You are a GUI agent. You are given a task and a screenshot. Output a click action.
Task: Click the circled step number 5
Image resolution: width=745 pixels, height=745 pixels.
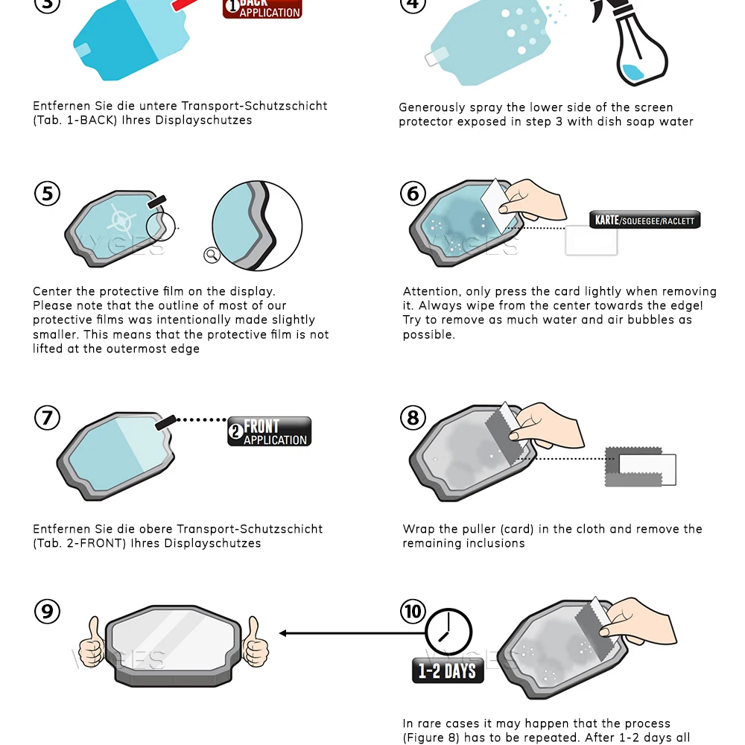coord(48,194)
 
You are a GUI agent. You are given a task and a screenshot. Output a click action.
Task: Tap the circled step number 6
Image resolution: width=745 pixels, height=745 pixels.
coord(413,194)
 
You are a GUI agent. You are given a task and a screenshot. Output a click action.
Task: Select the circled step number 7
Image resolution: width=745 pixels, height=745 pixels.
coord(48,418)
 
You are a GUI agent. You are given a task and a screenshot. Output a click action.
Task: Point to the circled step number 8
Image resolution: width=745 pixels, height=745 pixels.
coord(413,418)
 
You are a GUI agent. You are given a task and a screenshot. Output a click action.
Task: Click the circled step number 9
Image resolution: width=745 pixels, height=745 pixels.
coord(48,611)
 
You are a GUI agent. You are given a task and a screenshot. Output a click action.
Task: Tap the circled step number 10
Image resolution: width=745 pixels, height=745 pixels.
coord(413,611)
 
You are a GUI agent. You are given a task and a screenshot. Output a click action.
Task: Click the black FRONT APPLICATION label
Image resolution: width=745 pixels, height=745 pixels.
coord(270,431)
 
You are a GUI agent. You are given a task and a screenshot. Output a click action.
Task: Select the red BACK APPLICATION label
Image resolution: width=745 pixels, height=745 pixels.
coord(262,8)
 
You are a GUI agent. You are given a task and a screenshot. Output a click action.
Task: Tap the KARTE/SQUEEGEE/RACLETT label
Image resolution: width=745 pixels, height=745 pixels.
coord(644,220)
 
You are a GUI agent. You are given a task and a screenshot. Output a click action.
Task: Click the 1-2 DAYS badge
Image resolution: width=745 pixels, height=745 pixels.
coord(448,670)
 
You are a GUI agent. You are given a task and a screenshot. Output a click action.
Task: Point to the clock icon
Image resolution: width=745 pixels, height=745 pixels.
coord(448,633)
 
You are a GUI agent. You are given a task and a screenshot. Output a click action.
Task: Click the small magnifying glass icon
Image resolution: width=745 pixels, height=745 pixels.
coord(212,255)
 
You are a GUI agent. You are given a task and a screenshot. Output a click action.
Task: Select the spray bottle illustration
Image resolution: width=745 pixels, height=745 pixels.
coord(632,42)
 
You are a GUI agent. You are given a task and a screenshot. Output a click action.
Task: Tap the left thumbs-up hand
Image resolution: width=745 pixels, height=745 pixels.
coord(92,642)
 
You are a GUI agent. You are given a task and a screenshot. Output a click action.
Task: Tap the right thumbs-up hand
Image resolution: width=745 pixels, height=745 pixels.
coord(255,642)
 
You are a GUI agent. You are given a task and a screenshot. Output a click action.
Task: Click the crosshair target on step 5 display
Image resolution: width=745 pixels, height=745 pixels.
coord(122,221)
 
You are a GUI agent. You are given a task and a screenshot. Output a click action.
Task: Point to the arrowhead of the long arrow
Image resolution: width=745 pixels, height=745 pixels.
coord(283,633)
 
